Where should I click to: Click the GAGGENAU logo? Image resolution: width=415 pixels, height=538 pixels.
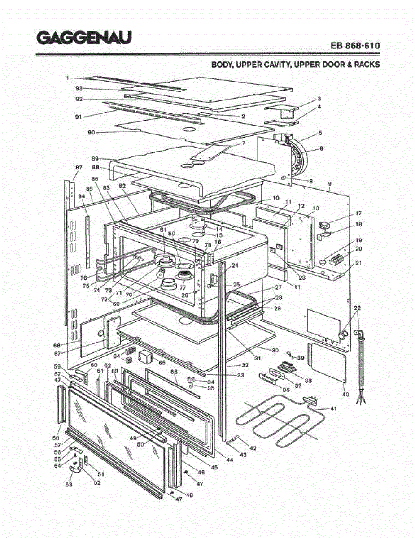[84, 38]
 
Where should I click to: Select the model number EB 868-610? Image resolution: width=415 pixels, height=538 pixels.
[355, 46]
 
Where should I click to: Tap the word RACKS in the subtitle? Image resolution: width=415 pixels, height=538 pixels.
[367, 65]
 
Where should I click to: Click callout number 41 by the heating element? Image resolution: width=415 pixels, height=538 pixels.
[333, 408]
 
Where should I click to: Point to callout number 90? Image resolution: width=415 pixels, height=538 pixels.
[92, 132]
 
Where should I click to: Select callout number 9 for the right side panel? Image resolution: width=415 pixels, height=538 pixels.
[329, 184]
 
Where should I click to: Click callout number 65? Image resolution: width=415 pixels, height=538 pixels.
[162, 363]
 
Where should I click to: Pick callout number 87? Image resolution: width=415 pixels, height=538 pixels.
[79, 168]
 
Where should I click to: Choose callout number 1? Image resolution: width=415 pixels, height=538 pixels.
[67, 78]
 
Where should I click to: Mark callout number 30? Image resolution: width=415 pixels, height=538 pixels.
[275, 350]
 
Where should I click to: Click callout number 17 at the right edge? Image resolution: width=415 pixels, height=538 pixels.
[358, 213]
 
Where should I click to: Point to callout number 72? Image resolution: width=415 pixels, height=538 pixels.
[104, 299]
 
